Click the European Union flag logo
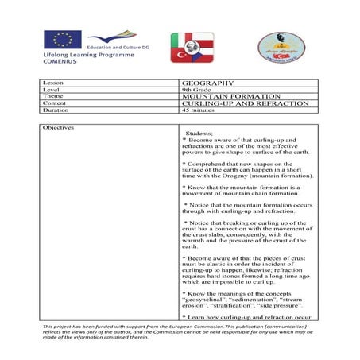pos(63,39)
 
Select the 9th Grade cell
pos(195,90)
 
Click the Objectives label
pos(58,127)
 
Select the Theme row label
pos(52,97)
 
